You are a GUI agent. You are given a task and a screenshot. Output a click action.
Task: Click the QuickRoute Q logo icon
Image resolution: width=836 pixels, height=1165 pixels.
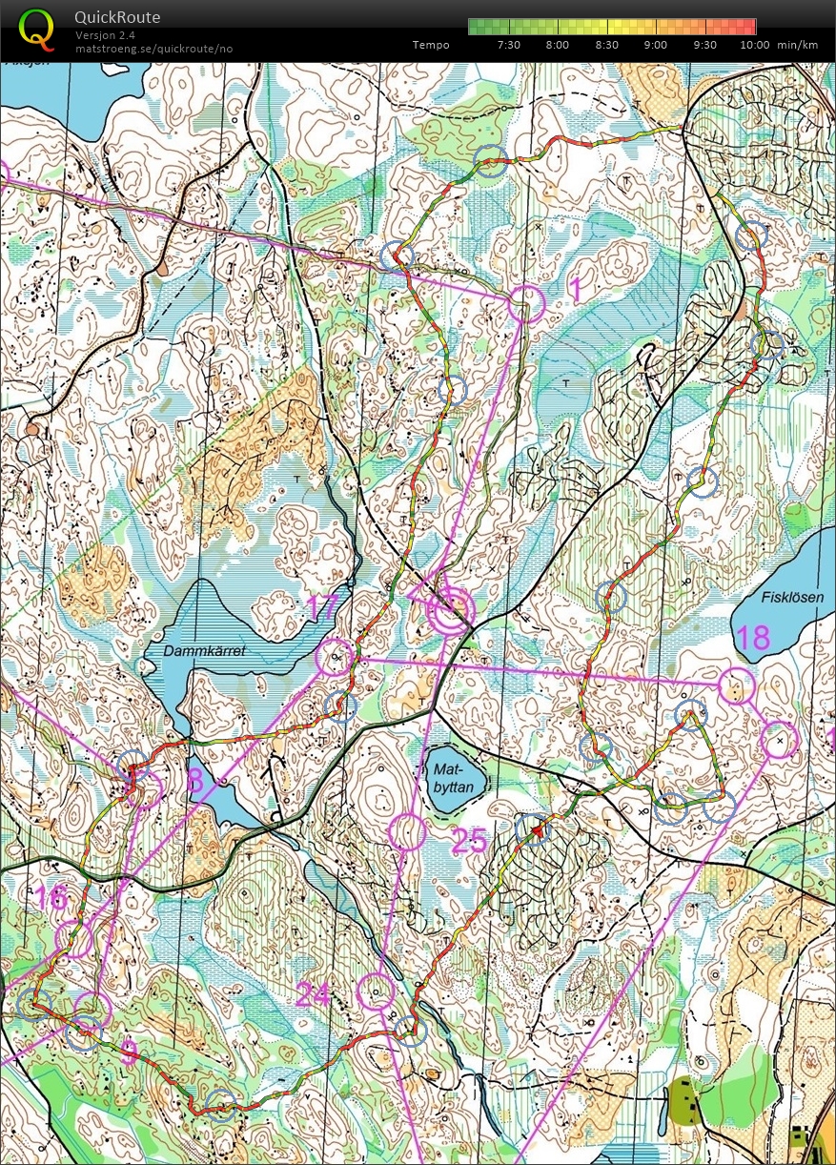[x=36, y=28]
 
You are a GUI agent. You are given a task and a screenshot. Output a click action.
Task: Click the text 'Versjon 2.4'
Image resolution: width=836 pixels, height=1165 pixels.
[x=105, y=35]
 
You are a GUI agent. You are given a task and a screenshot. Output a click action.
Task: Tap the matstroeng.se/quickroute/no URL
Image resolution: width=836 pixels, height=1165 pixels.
[x=153, y=49]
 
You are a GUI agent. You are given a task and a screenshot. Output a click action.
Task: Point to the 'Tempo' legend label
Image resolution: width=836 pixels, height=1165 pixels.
[x=431, y=45]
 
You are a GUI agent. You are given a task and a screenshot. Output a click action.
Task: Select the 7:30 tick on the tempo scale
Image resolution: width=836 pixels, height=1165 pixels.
[x=509, y=45]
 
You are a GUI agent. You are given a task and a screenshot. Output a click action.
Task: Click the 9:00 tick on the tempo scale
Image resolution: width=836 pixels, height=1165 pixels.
[x=656, y=45]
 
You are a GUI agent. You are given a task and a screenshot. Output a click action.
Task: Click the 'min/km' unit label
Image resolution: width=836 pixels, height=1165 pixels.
[x=796, y=45]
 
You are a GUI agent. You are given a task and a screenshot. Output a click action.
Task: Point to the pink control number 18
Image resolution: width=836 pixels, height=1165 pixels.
[x=753, y=637]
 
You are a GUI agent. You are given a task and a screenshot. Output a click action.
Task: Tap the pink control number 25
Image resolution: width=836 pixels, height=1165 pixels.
[x=469, y=841]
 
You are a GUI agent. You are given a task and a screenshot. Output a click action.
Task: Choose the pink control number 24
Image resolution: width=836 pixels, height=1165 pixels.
[x=313, y=996]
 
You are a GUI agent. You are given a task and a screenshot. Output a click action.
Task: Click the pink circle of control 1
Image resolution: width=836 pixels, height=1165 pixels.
[x=525, y=303]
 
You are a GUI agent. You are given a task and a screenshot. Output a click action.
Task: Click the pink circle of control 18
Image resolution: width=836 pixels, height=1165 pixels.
[x=735, y=685]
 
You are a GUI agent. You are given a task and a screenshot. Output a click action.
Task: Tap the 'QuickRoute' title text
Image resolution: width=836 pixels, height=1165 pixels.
[x=117, y=17]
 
